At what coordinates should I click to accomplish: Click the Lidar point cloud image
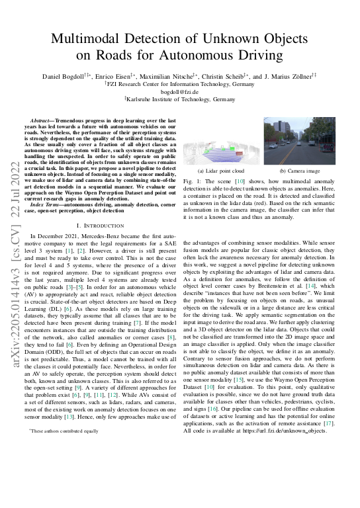(x=221, y=145)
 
